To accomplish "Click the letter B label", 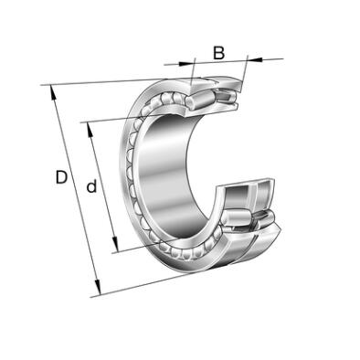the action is pos(218,53).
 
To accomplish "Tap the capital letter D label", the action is pos(61,177).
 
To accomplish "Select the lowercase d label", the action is pos(91,186).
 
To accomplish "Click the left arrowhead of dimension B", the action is pos(186,64).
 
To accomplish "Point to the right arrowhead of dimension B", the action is pos(255,59).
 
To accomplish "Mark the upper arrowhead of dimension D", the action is pos(53,92).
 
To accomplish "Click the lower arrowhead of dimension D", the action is pos(97,288).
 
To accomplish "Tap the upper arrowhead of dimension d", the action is pos(90,130).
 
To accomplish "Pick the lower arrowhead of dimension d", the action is pos(115,244).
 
